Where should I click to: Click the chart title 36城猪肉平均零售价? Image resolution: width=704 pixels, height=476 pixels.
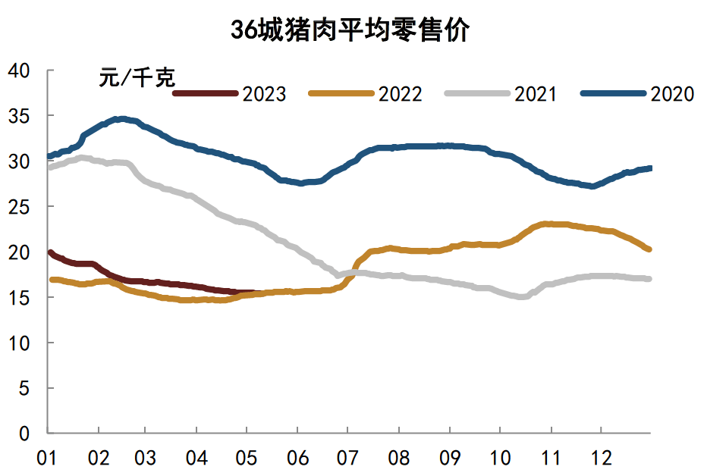click(351, 31)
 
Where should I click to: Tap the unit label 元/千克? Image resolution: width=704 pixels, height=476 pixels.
click(137, 77)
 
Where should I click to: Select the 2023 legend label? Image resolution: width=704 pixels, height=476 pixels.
click(264, 94)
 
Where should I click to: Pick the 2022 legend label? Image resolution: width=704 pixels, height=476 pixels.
click(400, 94)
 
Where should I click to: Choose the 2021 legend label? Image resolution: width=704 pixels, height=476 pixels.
click(536, 94)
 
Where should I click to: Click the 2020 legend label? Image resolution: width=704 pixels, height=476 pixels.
click(672, 94)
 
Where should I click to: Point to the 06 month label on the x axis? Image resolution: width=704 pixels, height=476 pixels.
click(298, 459)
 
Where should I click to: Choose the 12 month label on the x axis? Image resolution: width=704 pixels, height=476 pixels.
click(600, 459)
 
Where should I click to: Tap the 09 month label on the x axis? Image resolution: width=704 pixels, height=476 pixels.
click(449, 459)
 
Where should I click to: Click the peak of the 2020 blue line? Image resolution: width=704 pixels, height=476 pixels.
click(120, 119)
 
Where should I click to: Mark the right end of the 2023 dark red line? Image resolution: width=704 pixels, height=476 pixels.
click(262, 293)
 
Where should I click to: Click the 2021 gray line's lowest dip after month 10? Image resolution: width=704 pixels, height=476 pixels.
click(521, 296)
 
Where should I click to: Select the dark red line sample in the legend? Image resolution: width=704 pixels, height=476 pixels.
click(206, 93)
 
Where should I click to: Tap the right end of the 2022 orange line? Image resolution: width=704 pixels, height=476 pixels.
click(649, 249)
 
